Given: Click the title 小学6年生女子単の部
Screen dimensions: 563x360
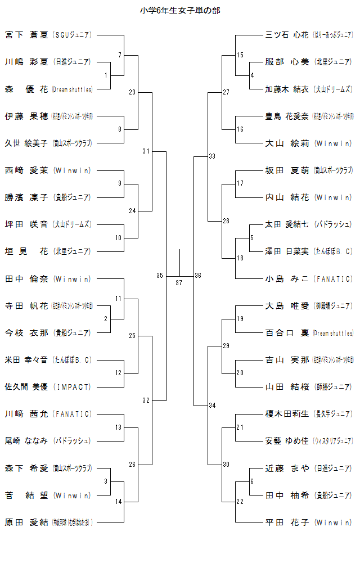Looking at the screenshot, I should [179, 10].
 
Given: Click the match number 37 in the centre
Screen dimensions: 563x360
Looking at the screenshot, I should [179, 282].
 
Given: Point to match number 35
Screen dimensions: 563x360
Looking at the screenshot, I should [160, 276].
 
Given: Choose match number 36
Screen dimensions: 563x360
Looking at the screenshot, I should [198, 276].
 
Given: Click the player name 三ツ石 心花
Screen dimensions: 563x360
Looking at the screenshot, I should [287, 35].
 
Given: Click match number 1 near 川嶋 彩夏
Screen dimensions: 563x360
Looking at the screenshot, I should [106, 75].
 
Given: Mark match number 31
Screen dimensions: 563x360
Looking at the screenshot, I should [146, 151].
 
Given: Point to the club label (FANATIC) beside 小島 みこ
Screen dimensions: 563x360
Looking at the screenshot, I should [334, 279].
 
